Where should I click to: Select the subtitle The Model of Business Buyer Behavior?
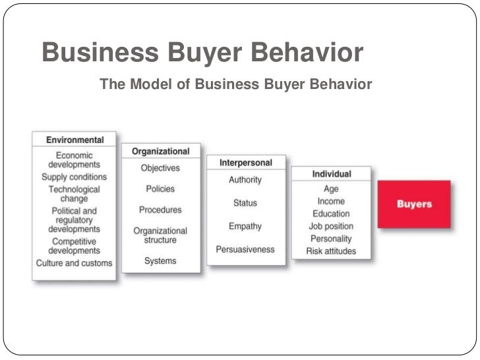[x=235, y=85]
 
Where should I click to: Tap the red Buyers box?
[x=414, y=204]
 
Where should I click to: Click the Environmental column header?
[x=75, y=140]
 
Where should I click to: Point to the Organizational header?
[x=161, y=151]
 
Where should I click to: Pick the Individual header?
[x=331, y=174]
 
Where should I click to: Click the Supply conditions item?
[x=74, y=177]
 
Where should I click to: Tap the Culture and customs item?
[x=74, y=263]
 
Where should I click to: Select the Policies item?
[x=160, y=189]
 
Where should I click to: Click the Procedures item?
[x=160, y=210]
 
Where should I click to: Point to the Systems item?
[x=160, y=260]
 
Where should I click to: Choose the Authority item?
[x=245, y=180]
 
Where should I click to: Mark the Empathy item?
[x=245, y=226]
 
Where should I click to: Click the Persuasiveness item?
[x=245, y=249]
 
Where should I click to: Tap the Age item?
[x=331, y=189]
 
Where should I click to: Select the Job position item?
[x=331, y=226]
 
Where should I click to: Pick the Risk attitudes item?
[x=331, y=251]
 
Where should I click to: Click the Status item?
[x=245, y=203]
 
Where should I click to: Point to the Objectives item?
[x=160, y=168]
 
